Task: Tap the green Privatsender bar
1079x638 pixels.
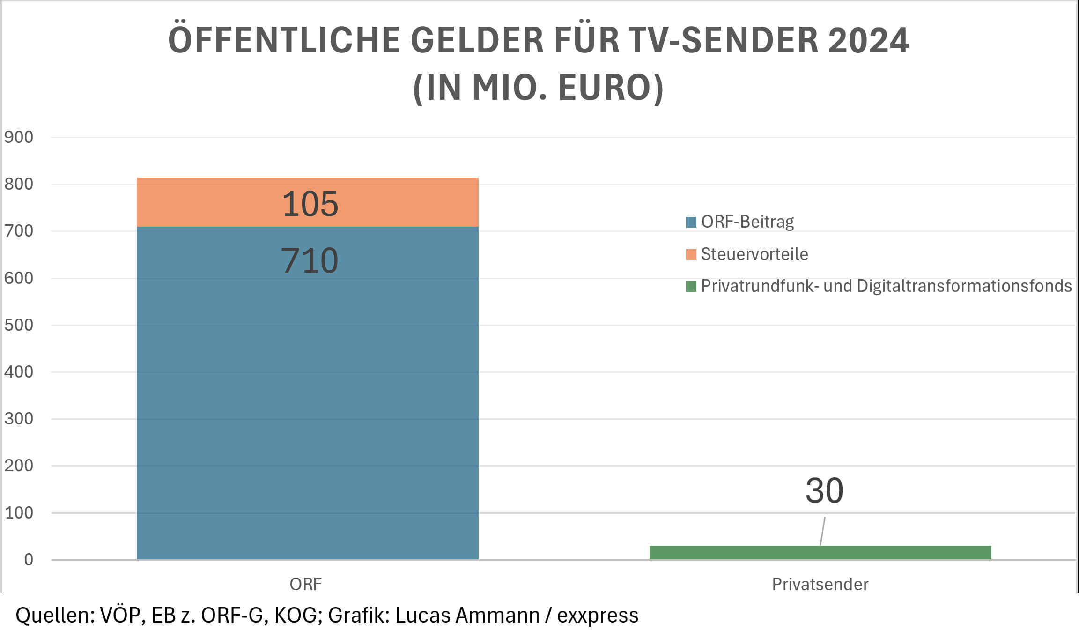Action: coord(820,552)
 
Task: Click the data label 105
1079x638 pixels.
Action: coord(310,204)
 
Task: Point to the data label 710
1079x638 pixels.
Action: coord(309,260)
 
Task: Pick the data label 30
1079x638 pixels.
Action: coord(824,490)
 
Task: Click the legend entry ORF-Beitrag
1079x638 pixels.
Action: coord(747,222)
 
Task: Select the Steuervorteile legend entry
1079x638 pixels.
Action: coord(754,254)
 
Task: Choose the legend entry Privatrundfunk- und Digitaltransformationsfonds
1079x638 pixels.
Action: coord(886,286)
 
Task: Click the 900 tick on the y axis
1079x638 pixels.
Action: coord(19,137)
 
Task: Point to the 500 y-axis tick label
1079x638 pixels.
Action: coord(19,325)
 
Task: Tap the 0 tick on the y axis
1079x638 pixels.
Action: coord(29,559)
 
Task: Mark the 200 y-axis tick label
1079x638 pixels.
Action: coord(19,465)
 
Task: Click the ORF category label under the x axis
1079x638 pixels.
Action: coord(306,584)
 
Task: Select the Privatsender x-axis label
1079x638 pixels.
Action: coord(820,584)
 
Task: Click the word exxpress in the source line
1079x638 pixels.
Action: coord(597,615)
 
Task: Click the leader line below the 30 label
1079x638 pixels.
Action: coord(822,531)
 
